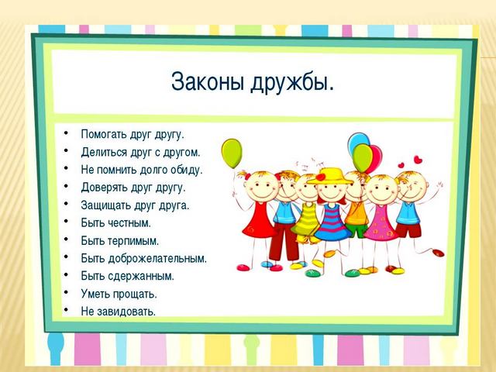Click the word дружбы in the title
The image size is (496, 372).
coord(292,83)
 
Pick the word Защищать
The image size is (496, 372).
coord(105,205)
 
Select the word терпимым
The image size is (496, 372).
coord(133,241)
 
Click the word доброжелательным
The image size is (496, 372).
coord(157,259)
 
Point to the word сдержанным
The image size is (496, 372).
coord(141,277)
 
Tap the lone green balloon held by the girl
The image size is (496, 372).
coord(232,153)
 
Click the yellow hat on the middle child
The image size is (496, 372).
coord(330,177)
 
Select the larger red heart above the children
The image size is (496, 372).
coord(418,159)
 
